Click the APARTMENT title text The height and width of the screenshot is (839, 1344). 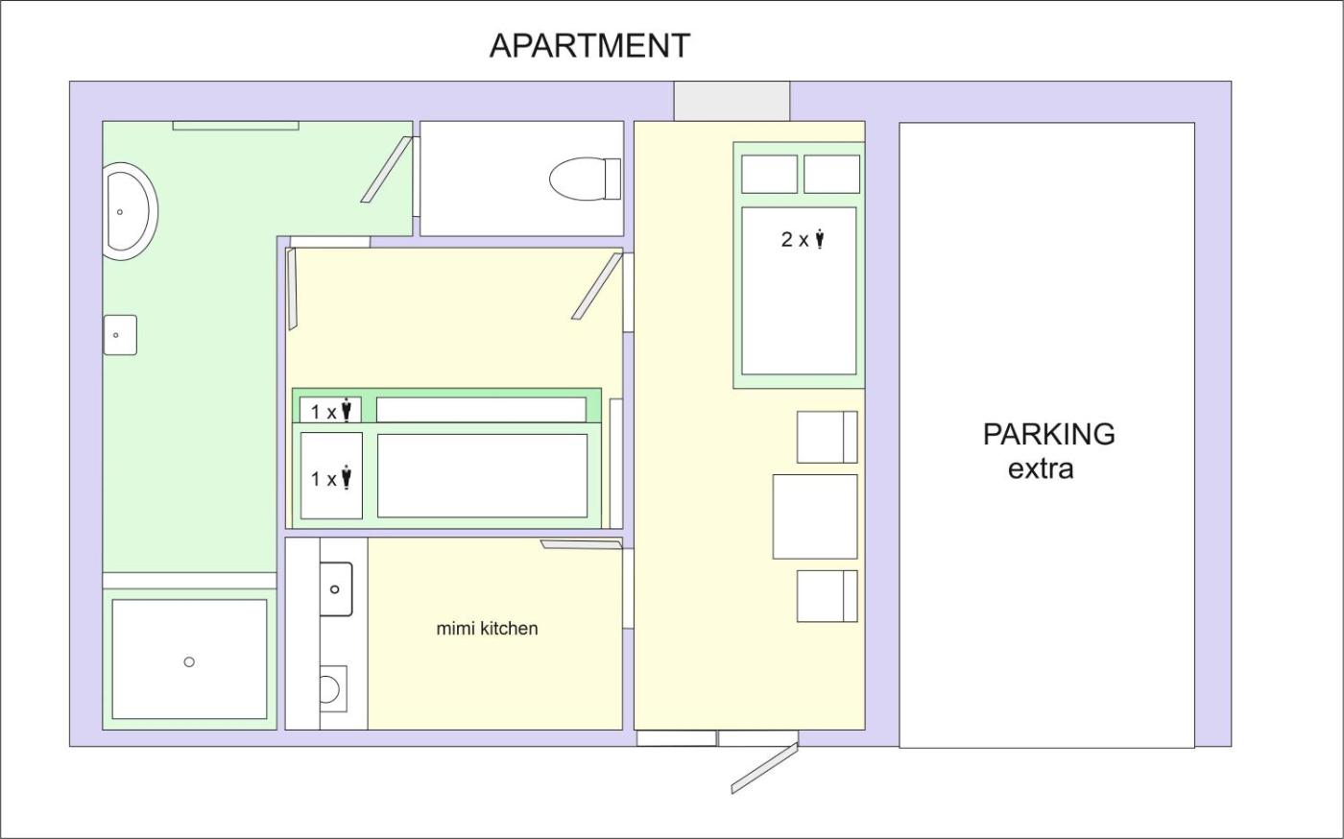(589, 46)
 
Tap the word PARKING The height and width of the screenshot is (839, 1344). (1048, 434)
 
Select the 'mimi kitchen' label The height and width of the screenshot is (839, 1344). (488, 629)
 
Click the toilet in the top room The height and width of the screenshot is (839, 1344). (585, 179)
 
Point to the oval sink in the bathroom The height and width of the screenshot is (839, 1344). (131, 211)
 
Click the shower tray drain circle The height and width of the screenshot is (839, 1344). (189, 662)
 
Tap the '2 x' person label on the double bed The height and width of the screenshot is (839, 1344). (803, 239)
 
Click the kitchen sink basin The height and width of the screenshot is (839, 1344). (336, 589)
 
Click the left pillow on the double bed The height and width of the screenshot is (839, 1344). (769, 174)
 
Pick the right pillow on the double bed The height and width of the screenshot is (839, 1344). (831, 174)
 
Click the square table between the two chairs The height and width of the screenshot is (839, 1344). (815, 516)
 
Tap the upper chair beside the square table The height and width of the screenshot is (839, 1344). (827, 437)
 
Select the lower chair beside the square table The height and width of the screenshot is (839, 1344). (827, 596)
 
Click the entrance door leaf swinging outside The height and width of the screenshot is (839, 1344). (764, 768)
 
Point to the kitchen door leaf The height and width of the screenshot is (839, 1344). (582, 544)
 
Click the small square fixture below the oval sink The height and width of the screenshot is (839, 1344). (120, 335)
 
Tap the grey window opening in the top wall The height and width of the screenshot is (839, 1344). (732, 101)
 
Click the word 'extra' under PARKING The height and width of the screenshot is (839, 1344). (1041, 469)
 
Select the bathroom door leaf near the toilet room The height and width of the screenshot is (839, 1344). (386, 170)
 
